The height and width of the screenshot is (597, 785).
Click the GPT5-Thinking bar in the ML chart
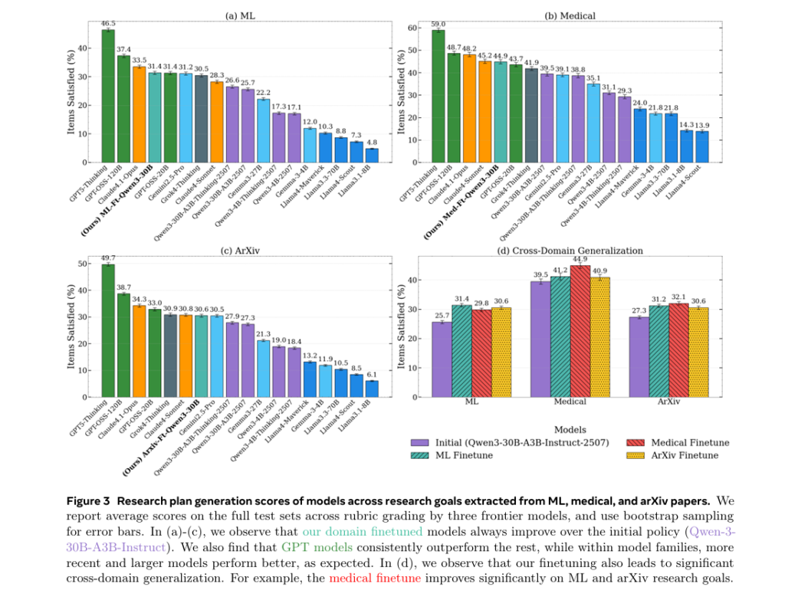point(108,96)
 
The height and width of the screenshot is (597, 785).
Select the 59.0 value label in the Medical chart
point(438,24)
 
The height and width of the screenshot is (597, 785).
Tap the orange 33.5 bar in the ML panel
point(139,114)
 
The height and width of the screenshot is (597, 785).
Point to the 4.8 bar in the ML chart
point(372,156)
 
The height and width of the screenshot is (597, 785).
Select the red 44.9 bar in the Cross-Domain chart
point(580,331)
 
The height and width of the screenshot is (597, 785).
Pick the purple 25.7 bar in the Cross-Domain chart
point(442,359)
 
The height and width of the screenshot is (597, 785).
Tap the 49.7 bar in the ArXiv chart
point(108,330)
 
